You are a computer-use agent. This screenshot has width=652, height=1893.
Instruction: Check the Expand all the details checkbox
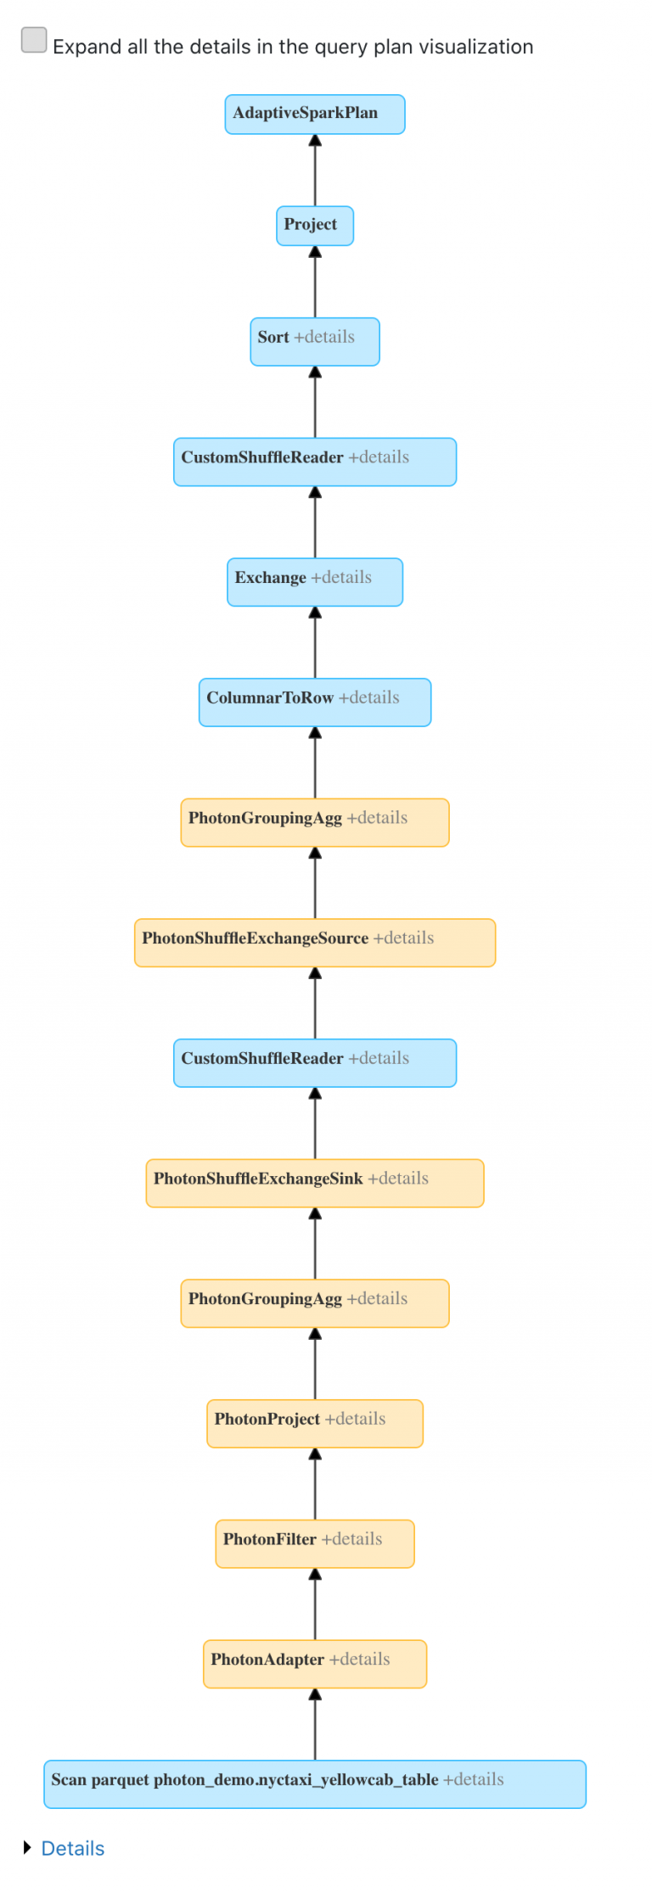(x=34, y=40)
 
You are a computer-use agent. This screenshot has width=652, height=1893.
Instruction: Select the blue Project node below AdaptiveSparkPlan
(x=314, y=225)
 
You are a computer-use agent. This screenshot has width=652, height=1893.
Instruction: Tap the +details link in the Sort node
(x=324, y=337)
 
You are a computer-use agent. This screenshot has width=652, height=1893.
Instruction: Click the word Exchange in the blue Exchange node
(x=270, y=578)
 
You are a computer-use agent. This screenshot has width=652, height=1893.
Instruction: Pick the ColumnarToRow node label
(x=270, y=698)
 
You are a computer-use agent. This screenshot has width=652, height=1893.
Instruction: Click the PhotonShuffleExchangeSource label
(x=255, y=938)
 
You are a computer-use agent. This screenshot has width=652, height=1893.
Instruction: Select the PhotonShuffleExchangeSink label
(x=257, y=1179)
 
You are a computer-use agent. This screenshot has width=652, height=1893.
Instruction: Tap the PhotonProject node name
(x=267, y=1419)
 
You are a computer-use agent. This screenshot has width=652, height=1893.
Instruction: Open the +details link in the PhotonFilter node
(x=351, y=1539)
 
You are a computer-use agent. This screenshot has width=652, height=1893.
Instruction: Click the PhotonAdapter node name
(x=267, y=1660)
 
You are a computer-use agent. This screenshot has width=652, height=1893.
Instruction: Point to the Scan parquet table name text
(x=244, y=1780)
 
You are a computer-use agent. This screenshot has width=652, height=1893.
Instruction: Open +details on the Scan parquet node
(x=474, y=1780)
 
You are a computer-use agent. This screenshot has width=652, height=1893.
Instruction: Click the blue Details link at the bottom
(x=73, y=1849)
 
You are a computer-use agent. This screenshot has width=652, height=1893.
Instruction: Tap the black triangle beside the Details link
(x=27, y=1848)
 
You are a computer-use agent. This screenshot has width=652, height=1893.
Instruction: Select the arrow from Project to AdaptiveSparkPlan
(x=315, y=170)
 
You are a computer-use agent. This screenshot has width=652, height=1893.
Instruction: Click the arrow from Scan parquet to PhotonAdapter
(x=315, y=1724)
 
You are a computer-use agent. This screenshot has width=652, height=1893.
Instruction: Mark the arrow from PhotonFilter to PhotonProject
(x=315, y=1484)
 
